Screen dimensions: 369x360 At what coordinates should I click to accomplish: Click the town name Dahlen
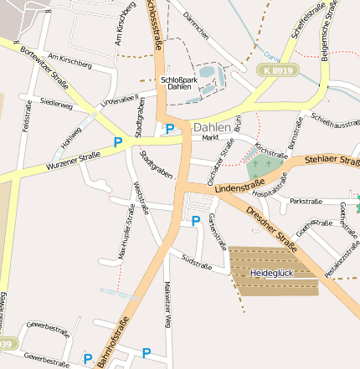click(210, 127)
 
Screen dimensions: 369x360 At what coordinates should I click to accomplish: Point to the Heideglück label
click(272, 273)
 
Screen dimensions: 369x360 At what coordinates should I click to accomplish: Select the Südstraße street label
click(198, 263)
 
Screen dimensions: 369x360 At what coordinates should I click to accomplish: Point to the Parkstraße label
click(306, 202)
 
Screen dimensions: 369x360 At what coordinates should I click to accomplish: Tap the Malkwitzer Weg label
click(167, 305)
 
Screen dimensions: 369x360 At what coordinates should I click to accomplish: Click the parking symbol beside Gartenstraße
click(196, 221)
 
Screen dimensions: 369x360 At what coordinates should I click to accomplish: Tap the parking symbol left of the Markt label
click(170, 128)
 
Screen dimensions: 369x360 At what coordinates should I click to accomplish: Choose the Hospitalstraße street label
click(270, 187)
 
